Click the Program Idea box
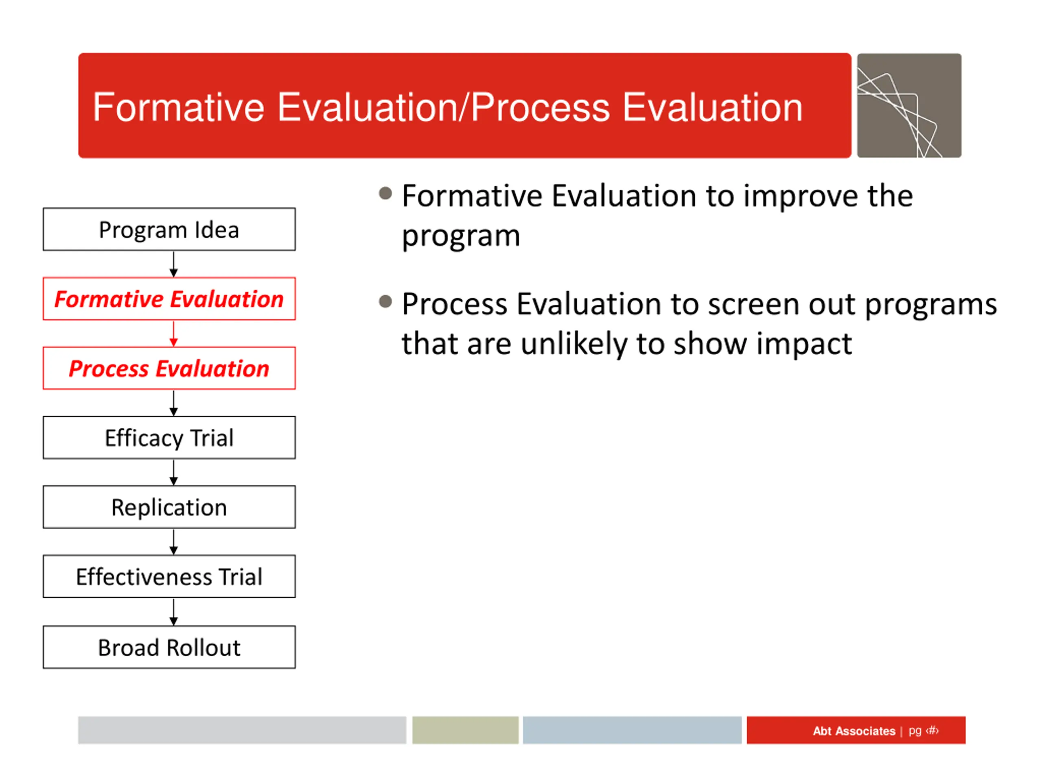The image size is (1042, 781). coord(169,229)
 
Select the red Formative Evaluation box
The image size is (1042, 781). coord(169,299)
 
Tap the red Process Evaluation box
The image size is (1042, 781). coord(169,368)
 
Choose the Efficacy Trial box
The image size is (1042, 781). coord(169,437)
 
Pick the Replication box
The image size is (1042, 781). coord(169,507)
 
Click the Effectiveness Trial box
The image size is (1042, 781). coord(169,576)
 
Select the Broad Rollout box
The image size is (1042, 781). coord(169,647)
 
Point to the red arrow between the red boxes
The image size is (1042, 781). coord(173,334)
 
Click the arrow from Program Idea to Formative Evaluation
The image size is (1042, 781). coord(173,264)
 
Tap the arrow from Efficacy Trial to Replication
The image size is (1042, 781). coord(173,473)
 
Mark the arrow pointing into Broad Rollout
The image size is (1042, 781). coord(173,612)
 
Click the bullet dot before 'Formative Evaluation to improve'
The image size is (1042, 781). coord(385,193)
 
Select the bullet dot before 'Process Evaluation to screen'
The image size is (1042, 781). coord(385,301)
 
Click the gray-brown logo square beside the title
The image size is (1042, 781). coord(909,105)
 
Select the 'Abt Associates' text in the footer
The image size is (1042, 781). coord(854,731)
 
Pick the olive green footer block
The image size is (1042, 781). coord(465,730)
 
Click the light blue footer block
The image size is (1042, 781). coord(632,730)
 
